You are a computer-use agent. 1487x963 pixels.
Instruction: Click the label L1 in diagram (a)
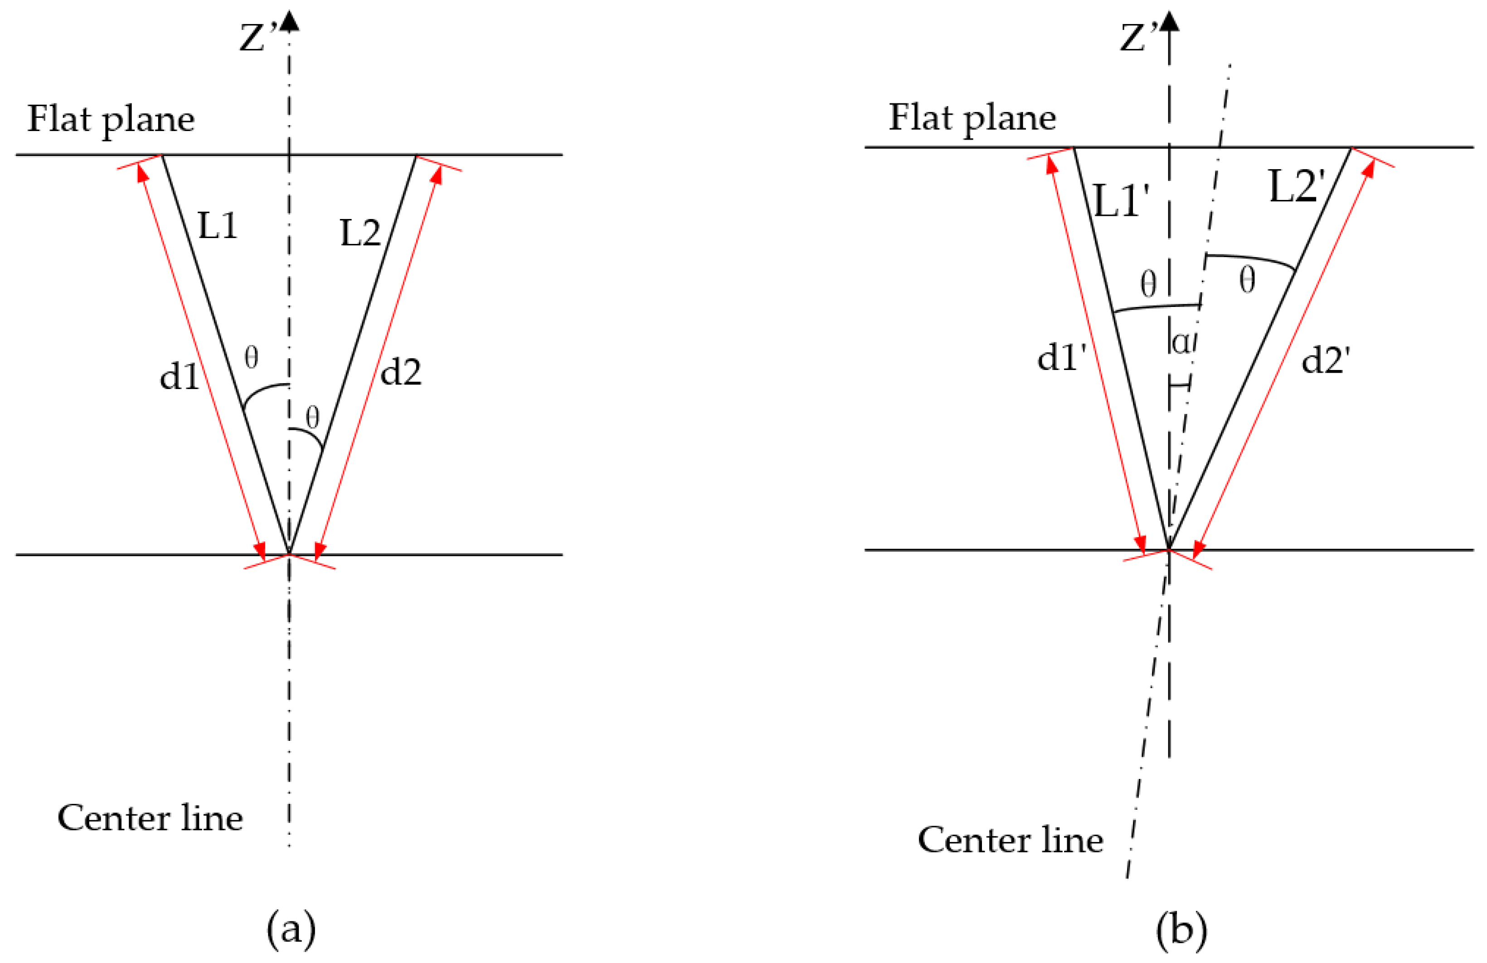pos(218,226)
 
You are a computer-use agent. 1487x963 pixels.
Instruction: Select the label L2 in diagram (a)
pos(360,233)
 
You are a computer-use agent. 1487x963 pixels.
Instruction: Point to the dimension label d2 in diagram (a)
pos(400,372)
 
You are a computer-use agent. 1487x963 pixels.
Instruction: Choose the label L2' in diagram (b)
pos(1297,186)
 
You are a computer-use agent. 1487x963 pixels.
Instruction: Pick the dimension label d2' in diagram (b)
pos(1326,360)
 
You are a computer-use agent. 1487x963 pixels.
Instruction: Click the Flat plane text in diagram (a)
pos(111,119)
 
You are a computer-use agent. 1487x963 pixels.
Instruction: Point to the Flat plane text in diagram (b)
pos(972,117)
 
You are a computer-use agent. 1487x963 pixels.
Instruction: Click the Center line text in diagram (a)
pos(150,817)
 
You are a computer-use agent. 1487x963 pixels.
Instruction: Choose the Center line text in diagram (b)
pos(1010,839)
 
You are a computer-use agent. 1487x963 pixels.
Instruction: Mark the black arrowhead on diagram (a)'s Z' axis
pos(289,20)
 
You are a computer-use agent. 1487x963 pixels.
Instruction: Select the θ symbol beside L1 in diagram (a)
pos(251,357)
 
